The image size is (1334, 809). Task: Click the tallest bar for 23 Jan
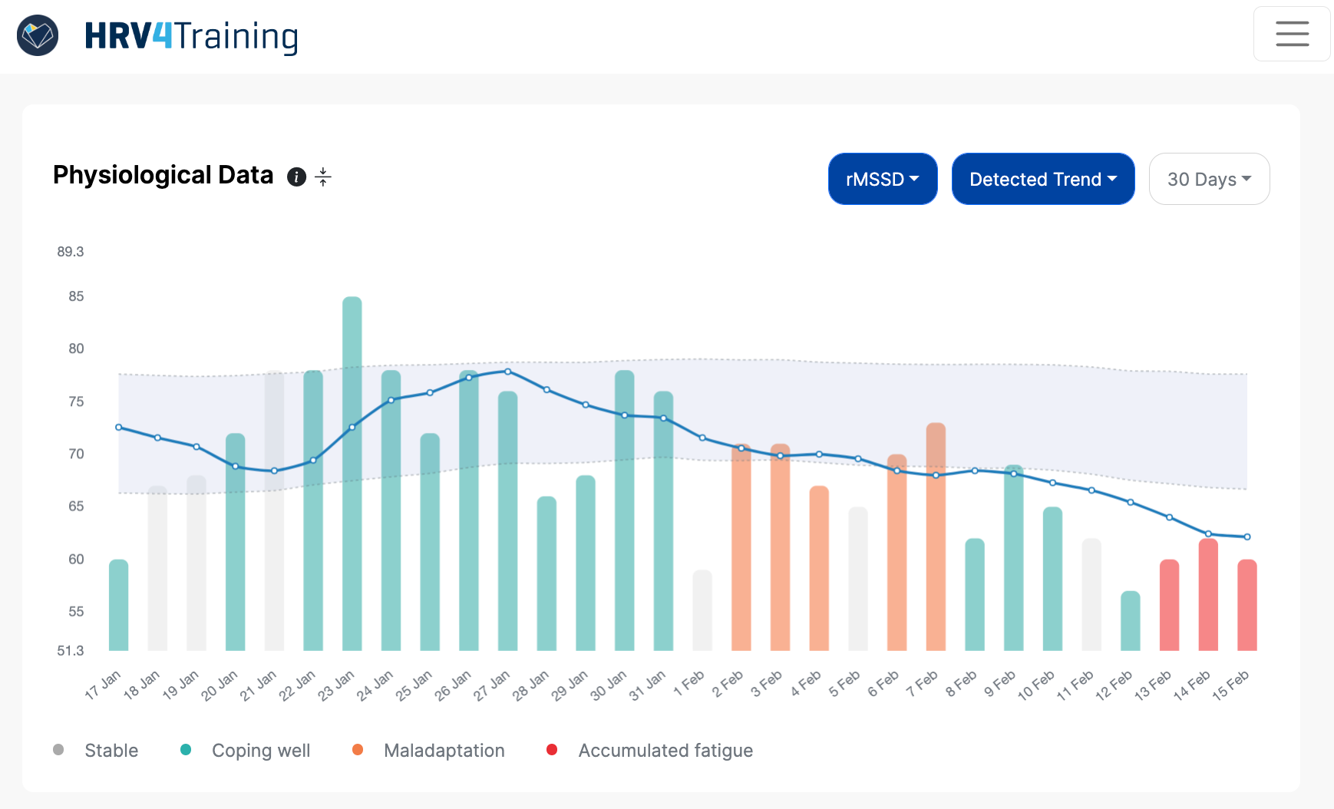[x=352, y=476]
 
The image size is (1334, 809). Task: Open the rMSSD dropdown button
[x=882, y=179]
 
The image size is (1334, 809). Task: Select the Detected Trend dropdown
[x=1042, y=179]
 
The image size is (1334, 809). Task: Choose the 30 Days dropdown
[x=1208, y=179]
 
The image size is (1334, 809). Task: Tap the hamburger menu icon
[x=1292, y=34]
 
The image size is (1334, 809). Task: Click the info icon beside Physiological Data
[x=296, y=177]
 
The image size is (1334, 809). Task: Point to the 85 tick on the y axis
[x=76, y=296]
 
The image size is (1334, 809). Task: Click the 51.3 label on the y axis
[x=71, y=651]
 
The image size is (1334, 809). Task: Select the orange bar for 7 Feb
[x=936, y=537]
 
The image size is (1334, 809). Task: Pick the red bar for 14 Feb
[x=1207, y=595]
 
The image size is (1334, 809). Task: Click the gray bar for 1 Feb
[x=702, y=610]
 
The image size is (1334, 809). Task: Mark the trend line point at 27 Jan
[x=507, y=371]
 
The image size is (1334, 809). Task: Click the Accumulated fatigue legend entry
[x=665, y=751]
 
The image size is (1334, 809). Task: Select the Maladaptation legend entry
[x=444, y=751]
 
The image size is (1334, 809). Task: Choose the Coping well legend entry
[x=260, y=751]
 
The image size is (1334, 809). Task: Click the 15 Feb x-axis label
[x=1230, y=685]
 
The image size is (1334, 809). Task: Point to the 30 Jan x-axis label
[x=608, y=685]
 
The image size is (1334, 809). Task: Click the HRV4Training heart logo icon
[x=38, y=35]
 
